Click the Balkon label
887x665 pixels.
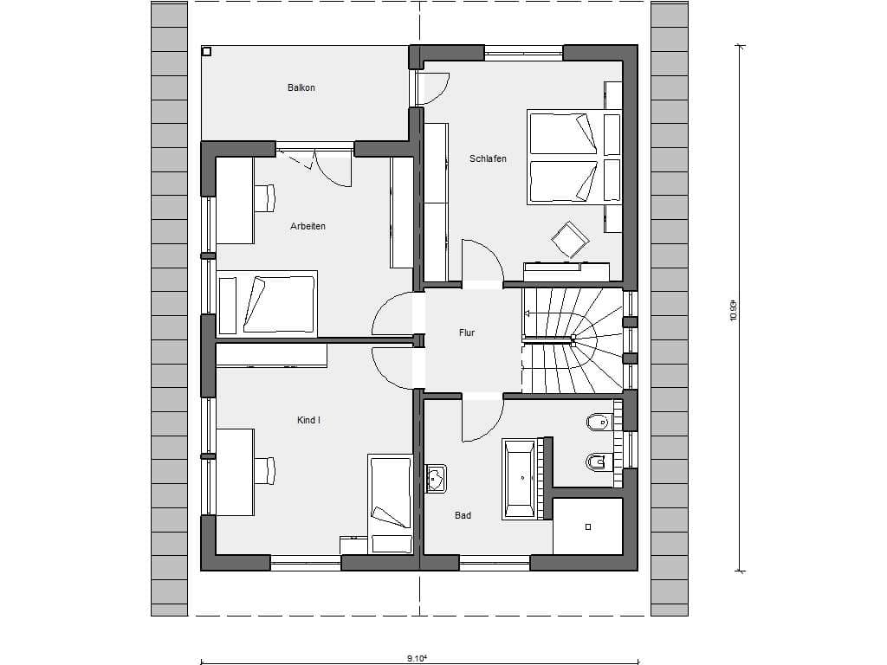[x=301, y=87]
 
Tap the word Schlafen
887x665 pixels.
[x=488, y=159]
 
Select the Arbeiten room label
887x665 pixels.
[x=308, y=226]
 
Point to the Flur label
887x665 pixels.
[x=467, y=333]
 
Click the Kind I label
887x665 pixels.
[x=309, y=420]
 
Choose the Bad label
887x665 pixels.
[x=463, y=515]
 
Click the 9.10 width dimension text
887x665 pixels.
[x=418, y=658]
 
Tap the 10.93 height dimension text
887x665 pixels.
[x=734, y=311]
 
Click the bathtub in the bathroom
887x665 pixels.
[x=518, y=479]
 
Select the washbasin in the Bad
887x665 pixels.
[x=436, y=479]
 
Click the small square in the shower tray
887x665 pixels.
[x=588, y=526]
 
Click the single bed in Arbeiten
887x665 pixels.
[x=267, y=304]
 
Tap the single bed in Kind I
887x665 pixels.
[x=391, y=505]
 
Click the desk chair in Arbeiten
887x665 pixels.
[x=264, y=198]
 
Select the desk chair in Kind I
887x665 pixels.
[x=264, y=470]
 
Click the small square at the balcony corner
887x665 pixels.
[x=206, y=51]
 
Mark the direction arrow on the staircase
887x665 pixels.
[x=546, y=313]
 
